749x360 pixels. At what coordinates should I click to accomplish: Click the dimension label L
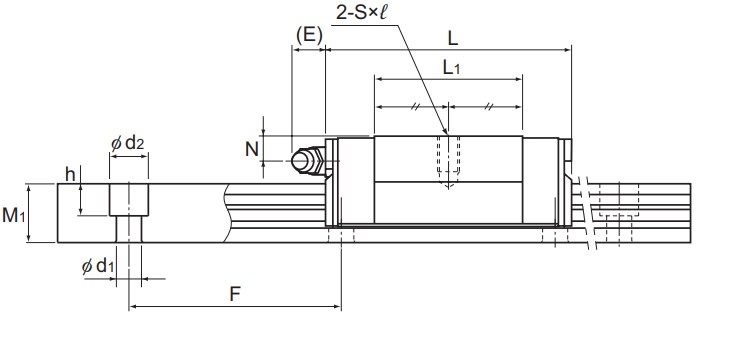click(452, 39)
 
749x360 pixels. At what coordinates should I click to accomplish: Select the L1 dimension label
click(451, 68)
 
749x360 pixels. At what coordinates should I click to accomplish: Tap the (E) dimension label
click(309, 35)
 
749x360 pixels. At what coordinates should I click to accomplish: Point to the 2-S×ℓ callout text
click(362, 12)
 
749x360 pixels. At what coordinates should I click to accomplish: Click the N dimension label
click(252, 149)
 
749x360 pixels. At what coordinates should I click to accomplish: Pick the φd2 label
click(128, 143)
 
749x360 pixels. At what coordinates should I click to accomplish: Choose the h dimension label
click(70, 175)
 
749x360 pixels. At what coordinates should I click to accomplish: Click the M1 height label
click(13, 215)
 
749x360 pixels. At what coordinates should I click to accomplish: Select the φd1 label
click(98, 266)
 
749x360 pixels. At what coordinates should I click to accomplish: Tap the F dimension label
click(235, 294)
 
